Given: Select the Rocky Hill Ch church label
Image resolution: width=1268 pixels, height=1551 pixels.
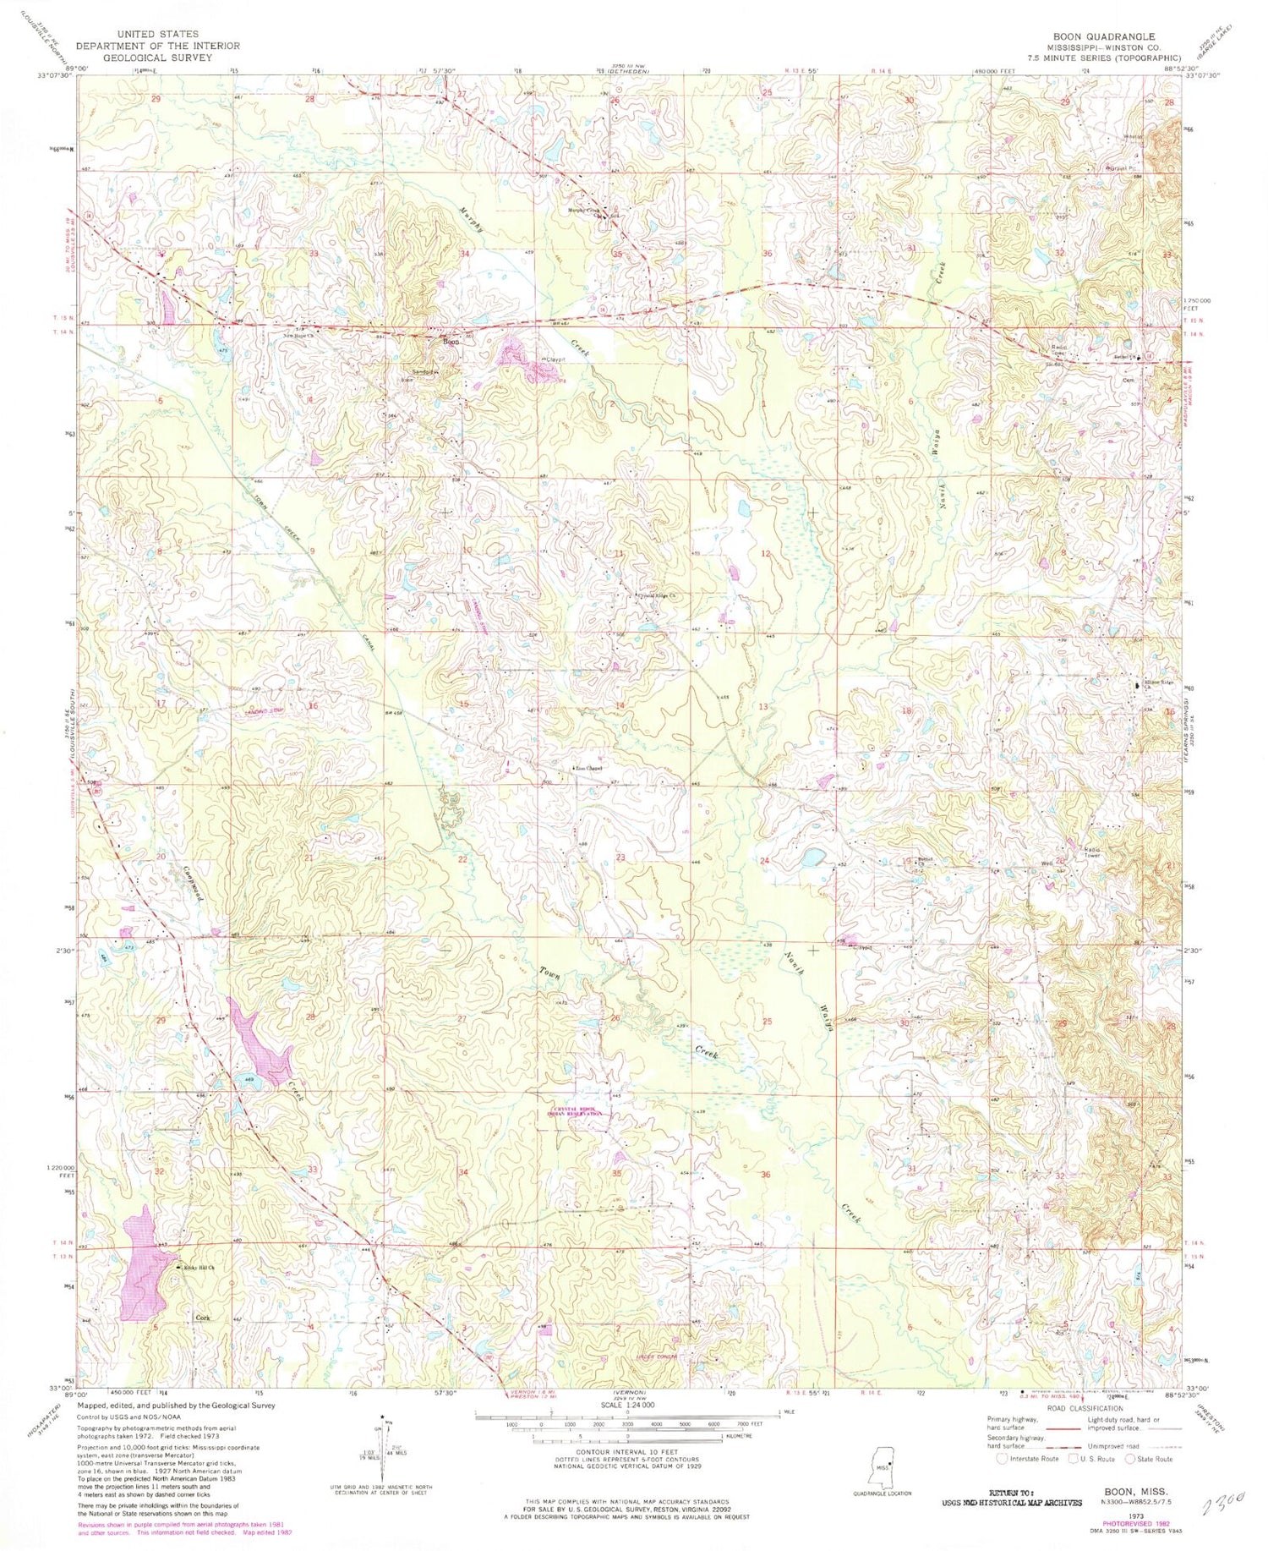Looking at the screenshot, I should click(x=197, y=1269).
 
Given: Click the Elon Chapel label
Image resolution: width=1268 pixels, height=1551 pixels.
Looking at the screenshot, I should click(x=589, y=769).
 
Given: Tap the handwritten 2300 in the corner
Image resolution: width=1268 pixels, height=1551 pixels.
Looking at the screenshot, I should click(x=1222, y=1503).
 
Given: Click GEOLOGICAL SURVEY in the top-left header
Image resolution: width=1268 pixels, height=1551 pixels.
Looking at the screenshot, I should click(x=157, y=58).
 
